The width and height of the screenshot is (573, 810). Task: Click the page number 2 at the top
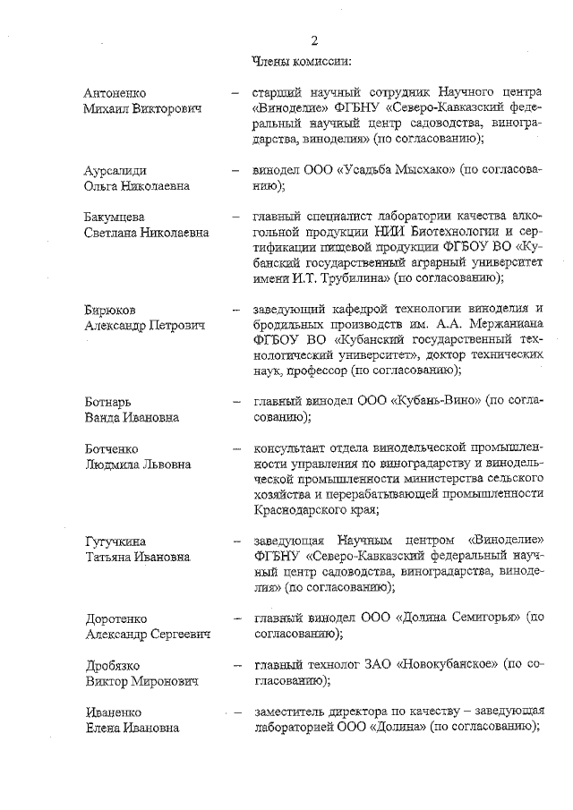[x=315, y=40]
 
